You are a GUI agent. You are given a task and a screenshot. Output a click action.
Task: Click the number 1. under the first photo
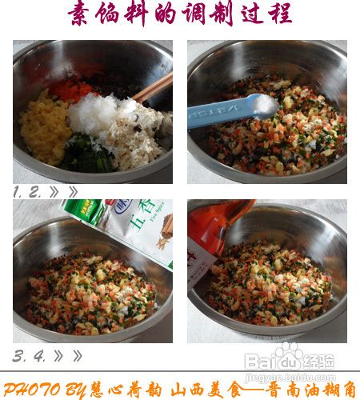[18, 192]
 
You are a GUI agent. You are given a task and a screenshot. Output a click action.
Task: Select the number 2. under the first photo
[37, 192]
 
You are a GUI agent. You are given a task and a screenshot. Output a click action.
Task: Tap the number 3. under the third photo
[18, 354]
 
